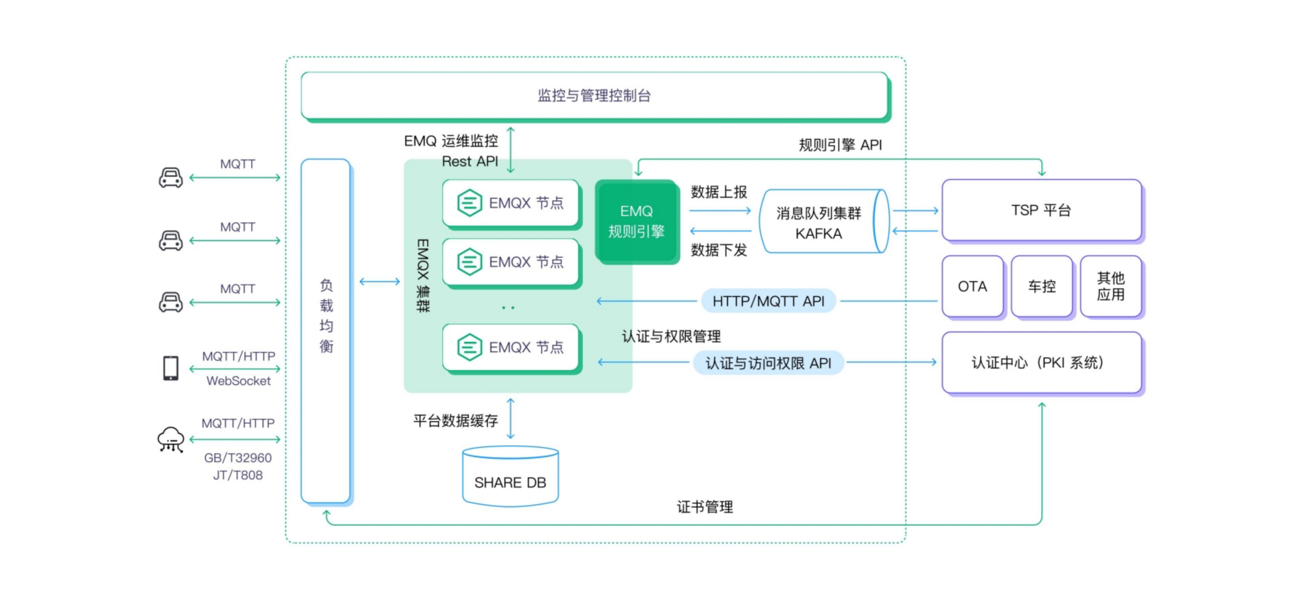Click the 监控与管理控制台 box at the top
(x=594, y=95)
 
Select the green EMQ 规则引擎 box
(x=636, y=221)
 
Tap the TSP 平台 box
(x=1041, y=210)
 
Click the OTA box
(x=972, y=286)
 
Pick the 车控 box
(x=1042, y=286)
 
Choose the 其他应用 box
(x=1111, y=286)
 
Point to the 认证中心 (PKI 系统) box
(x=1041, y=362)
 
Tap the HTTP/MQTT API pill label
(x=768, y=301)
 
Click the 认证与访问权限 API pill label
(x=768, y=363)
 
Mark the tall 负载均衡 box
(x=326, y=330)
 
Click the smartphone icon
(x=171, y=368)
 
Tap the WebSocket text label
(x=238, y=381)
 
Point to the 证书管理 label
(x=705, y=506)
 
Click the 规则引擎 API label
(x=840, y=145)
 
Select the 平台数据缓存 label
(x=455, y=420)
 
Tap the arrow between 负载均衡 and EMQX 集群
(x=379, y=281)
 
